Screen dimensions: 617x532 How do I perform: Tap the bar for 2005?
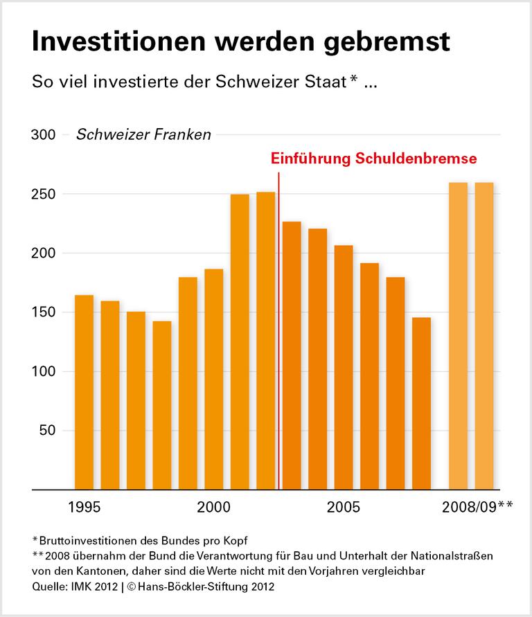pos(344,367)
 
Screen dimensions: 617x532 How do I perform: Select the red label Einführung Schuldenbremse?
pos(373,158)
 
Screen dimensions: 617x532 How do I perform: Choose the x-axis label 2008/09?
pos(470,508)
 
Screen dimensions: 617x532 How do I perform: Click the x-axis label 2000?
pos(213,508)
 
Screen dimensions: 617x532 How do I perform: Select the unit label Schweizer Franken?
pos(143,135)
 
